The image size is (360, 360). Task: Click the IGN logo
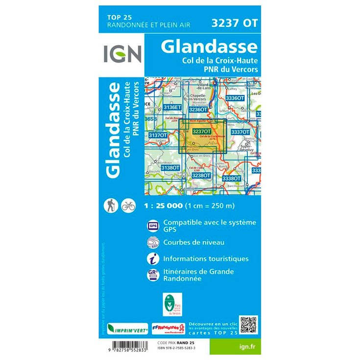coord(122,53)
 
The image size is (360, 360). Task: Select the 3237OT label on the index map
coord(202,131)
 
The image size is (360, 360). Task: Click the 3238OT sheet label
coord(201,175)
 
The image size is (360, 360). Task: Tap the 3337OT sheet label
coord(240,132)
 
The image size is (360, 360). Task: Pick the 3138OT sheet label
coord(170,168)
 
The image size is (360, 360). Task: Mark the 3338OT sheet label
coord(231,179)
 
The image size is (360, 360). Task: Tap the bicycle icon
coord(128,206)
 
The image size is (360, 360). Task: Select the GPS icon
coord(152,226)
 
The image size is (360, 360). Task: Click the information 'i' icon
coord(152,258)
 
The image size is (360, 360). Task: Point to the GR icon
coord(152,275)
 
